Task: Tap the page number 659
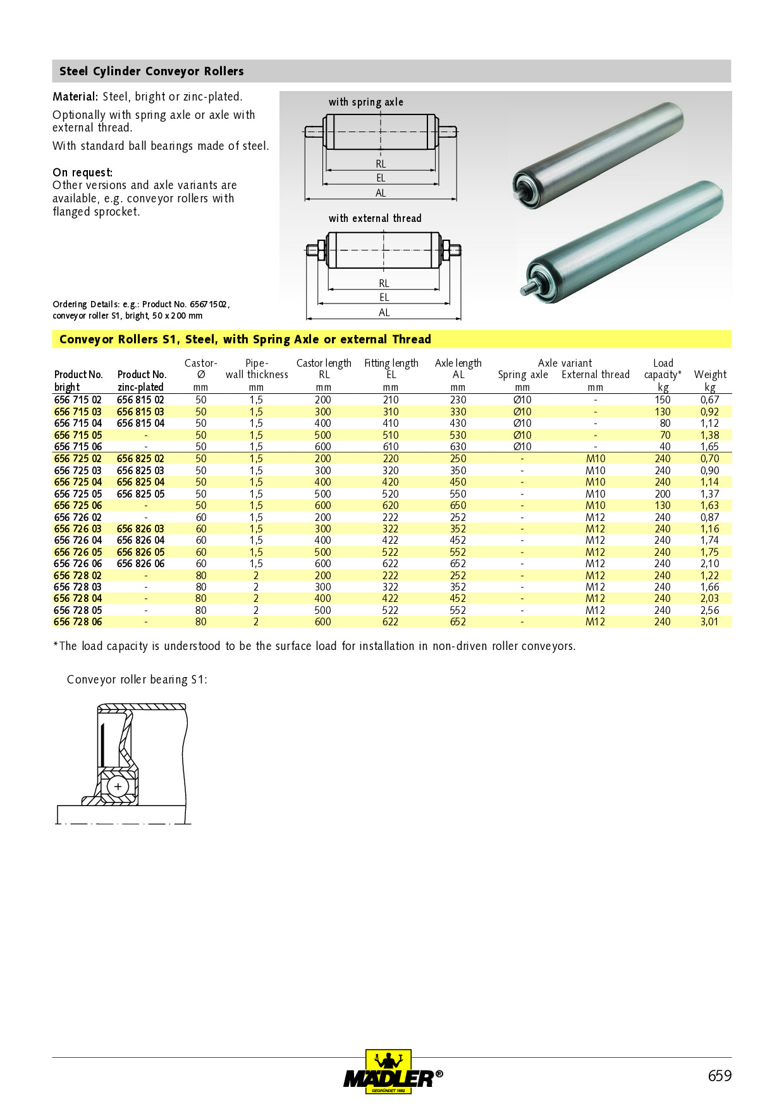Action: [x=720, y=1075]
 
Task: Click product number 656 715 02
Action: [x=78, y=400]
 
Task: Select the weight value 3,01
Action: [x=709, y=622]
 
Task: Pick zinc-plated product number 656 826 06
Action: [x=140, y=563]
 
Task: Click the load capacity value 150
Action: [x=663, y=400]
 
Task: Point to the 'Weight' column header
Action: [x=710, y=374]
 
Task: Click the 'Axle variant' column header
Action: [x=565, y=363]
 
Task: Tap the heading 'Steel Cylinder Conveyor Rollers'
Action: [x=152, y=71]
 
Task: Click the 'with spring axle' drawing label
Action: [x=365, y=102]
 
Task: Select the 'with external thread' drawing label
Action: [x=375, y=218]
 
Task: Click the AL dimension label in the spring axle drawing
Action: [x=381, y=193]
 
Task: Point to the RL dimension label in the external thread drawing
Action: [x=384, y=283]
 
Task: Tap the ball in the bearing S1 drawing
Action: [x=118, y=787]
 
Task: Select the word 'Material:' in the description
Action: [x=75, y=97]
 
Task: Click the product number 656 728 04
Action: [x=78, y=598]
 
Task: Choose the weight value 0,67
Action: [x=709, y=400]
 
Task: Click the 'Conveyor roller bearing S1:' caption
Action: [x=137, y=680]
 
